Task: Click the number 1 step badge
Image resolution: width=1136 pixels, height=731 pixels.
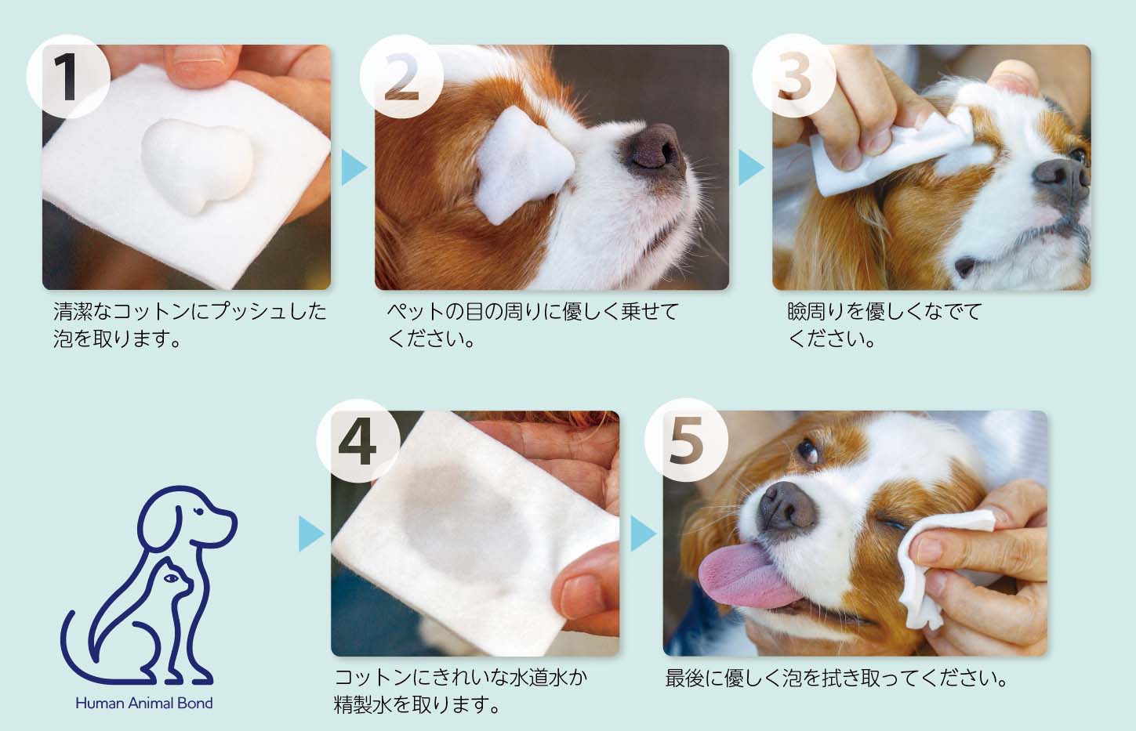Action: click(x=68, y=77)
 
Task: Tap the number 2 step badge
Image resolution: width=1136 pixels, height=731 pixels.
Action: click(x=401, y=77)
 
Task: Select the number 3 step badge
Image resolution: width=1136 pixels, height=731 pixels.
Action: click(x=793, y=77)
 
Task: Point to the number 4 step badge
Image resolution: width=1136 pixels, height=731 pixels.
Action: click(x=357, y=442)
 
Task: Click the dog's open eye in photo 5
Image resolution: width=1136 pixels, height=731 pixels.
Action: click(x=807, y=450)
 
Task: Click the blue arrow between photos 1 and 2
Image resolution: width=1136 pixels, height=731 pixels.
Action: click(x=354, y=168)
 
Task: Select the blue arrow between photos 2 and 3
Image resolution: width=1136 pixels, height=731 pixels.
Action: click(x=750, y=168)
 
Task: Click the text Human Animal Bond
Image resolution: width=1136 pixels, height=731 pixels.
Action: click(x=143, y=703)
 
